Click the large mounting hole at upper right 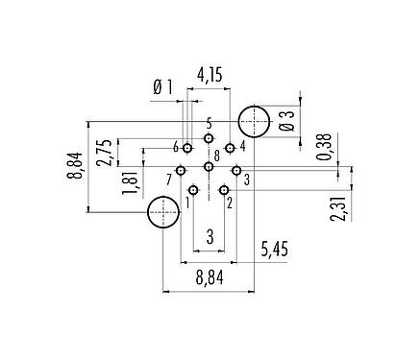point(254,122)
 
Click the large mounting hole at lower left point(162,213)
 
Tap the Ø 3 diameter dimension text point(285,122)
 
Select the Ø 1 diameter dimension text point(162,89)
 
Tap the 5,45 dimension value point(276,254)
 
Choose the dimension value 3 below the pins point(209,239)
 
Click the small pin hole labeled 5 point(209,138)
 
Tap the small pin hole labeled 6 point(187,148)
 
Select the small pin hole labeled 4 point(229,148)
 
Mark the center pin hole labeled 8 point(209,166)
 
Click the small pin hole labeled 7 point(180,170)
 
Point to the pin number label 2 point(231,203)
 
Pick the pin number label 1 point(187,203)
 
